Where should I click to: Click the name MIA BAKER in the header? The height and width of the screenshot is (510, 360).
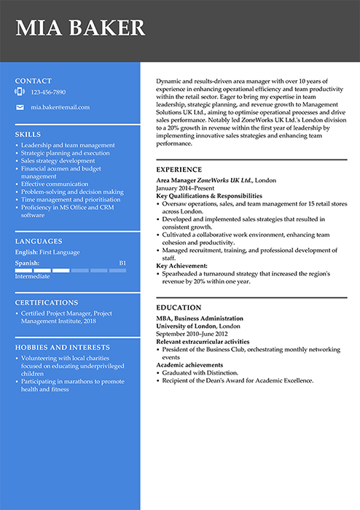(80, 28)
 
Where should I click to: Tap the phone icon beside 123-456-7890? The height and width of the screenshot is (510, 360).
(20, 93)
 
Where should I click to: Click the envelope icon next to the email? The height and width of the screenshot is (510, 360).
(20, 107)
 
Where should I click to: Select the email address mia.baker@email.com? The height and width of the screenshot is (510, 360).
(60, 107)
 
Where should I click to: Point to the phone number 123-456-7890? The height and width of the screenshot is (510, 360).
(48, 93)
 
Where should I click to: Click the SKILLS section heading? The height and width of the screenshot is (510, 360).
(28, 135)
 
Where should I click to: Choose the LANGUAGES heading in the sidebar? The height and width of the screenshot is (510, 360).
(38, 241)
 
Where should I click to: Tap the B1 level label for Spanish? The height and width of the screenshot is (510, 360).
(122, 262)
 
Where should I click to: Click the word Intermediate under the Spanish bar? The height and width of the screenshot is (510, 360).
(32, 276)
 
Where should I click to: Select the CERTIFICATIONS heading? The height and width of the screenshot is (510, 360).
(47, 302)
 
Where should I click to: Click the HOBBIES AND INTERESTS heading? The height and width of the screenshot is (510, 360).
(63, 348)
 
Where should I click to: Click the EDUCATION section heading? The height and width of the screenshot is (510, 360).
(177, 308)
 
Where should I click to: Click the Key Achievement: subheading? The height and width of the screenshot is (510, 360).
(182, 266)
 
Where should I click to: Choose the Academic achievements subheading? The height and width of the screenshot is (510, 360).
(189, 365)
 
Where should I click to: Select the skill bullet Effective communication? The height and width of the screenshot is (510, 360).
(55, 184)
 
